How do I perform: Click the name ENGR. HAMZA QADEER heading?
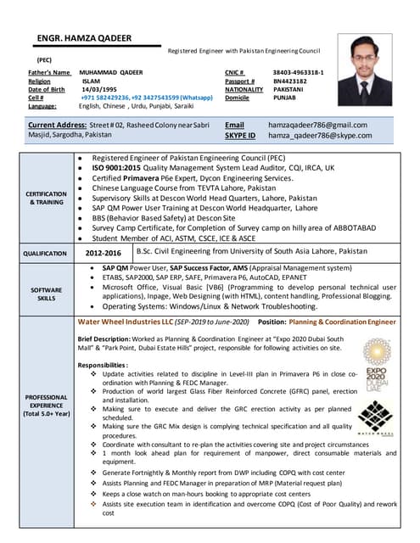pos(86,38)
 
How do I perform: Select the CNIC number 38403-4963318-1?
pos(298,73)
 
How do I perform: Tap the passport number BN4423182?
pos(290,81)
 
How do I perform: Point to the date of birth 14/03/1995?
pos(98,90)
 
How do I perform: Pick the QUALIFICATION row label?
pos(45,254)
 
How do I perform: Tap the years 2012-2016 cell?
pos(103,253)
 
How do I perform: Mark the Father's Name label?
pos(49,73)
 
